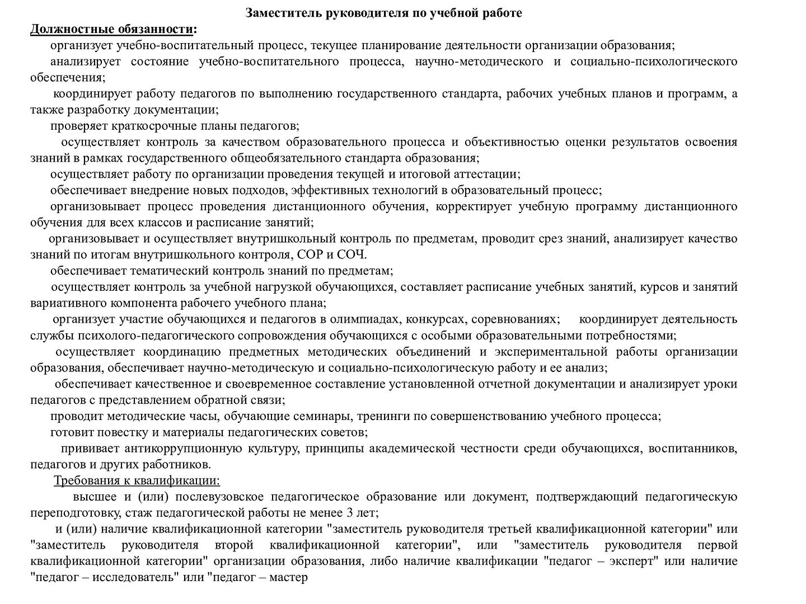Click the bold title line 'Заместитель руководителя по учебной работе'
point(383,13)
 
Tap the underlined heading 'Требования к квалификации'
point(137,480)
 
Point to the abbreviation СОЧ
point(352,255)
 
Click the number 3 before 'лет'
point(349,513)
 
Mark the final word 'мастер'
point(288,577)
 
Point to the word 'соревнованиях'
point(514,319)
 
